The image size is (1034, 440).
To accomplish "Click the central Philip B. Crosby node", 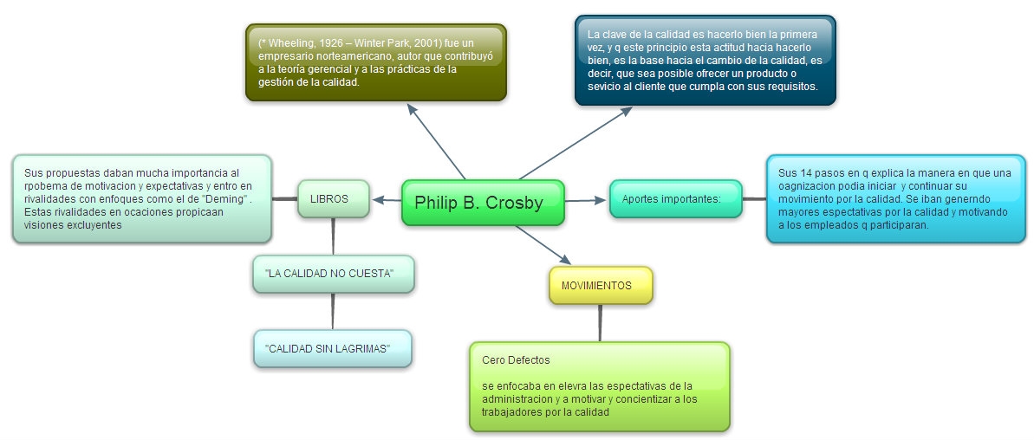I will (483, 204).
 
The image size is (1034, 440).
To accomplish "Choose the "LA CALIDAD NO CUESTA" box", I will (333, 274).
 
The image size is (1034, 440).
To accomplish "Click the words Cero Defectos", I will (516, 359).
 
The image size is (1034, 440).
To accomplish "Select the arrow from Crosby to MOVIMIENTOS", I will (543, 245).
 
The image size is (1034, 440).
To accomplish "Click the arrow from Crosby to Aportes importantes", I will (587, 200).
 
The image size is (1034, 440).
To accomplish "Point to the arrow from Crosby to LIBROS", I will (387, 200).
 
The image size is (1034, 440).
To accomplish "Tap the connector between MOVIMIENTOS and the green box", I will (600, 323).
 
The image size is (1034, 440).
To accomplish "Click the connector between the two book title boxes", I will (333, 311).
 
